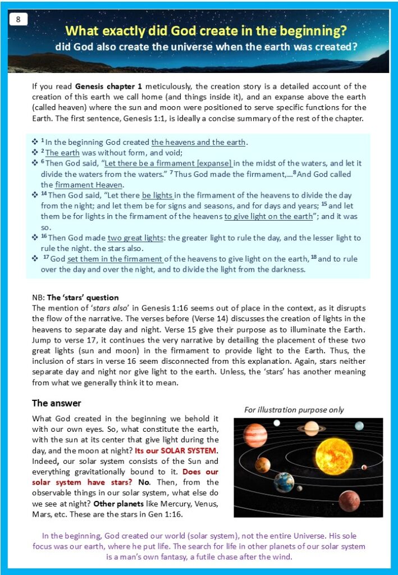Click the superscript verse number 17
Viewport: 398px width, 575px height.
(46, 258)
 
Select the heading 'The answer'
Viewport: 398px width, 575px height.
(56, 403)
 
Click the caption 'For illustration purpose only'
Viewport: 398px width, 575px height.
(294, 410)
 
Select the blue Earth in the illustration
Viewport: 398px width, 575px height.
(283, 482)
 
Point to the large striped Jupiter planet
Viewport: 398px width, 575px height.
(255, 435)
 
